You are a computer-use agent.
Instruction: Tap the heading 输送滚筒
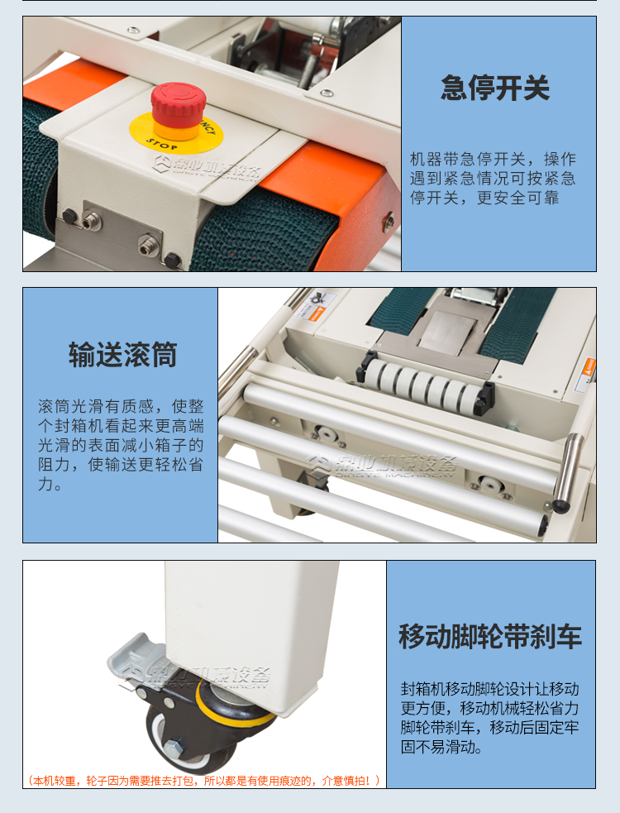click(122, 355)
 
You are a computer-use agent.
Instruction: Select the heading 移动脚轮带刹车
click(490, 636)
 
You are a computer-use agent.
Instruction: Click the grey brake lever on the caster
click(136, 662)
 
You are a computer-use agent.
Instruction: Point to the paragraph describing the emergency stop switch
click(493, 179)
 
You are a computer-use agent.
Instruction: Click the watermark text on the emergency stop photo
click(207, 170)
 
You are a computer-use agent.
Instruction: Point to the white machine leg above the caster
click(252, 629)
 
